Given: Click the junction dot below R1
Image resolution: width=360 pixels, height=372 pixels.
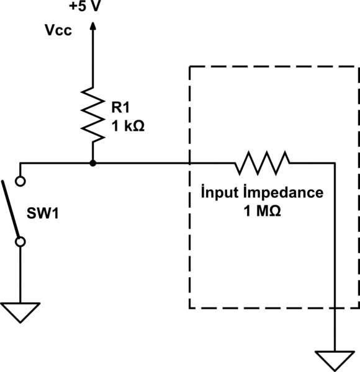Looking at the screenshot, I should coord(92,164).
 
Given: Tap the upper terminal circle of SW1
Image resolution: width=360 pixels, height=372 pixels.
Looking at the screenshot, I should coord(20,182).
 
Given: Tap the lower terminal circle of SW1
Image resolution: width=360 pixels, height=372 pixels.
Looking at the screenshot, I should coord(20,241).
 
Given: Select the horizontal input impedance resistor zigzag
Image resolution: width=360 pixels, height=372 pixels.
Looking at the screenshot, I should coord(262,163).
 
